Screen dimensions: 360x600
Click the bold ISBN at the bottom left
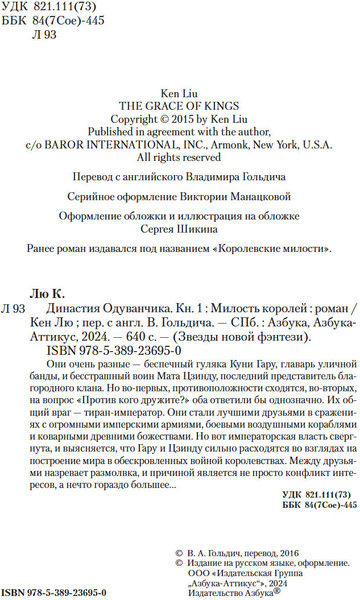coord(50,581)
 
